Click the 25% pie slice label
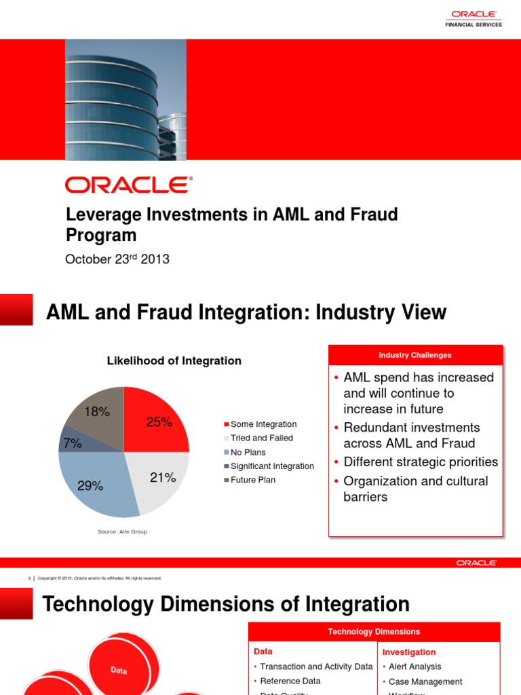click(x=159, y=421)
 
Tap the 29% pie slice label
click(x=90, y=485)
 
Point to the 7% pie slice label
click(x=72, y=443)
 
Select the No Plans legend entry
click(x=248, y=452)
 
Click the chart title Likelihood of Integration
click(x=174, y=361)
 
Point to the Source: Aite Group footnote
click(x=122, y=531)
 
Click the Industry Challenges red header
click(x=415, y=355)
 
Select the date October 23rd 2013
click(x=117, y=259)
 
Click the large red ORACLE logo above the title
click(x=128, y=185)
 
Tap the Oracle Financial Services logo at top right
click(x=473, y=18)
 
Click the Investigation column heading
click(x=408, y=652)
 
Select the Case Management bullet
click(x=425, y=681)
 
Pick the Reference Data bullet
click(x=290, y=681)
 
